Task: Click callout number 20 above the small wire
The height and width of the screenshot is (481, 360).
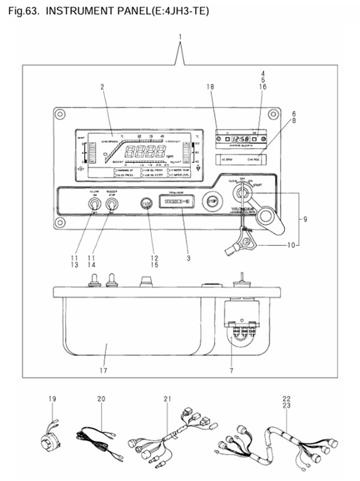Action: coord(101,399)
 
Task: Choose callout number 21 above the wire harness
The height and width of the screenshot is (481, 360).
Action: coord(167,399)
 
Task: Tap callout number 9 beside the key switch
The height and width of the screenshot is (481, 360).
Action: coord(305,220)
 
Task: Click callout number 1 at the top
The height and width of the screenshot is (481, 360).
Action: coord(180,36)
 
